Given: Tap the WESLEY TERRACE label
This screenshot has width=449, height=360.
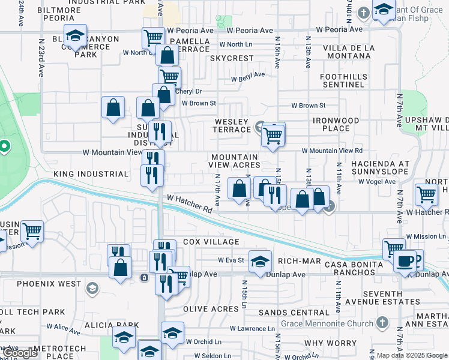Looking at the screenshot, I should pos(232,125).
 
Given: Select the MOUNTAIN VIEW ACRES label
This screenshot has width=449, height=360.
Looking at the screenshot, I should pos(235,161).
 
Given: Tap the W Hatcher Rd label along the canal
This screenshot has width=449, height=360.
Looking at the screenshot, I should pos(190,204).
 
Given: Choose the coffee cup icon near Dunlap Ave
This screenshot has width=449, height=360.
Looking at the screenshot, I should pos(405,262).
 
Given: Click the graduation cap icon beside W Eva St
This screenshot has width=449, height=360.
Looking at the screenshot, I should pos(259,262).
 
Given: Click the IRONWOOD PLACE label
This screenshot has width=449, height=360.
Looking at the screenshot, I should pos(336,124).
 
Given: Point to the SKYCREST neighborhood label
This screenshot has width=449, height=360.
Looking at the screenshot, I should pos(232,58).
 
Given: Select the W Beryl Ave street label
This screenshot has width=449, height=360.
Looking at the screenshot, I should pos(248,77).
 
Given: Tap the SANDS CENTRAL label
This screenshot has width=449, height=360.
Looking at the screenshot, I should pos(294,313).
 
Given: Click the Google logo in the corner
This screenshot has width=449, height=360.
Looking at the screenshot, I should pos(19,353).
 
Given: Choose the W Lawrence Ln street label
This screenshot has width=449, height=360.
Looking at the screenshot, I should pos(252,329).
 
